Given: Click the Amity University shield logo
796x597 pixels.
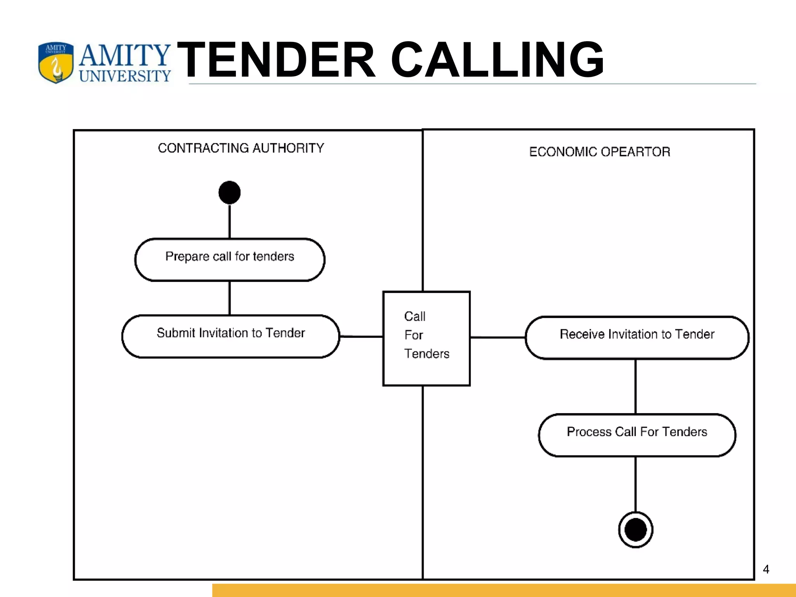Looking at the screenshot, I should (x=56, y=63).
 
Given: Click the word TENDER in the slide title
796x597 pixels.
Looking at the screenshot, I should (x=276, y=60).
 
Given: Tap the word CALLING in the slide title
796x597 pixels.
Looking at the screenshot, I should (x=497, y=60).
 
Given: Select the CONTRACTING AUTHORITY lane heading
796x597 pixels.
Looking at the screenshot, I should (x=241, y=148).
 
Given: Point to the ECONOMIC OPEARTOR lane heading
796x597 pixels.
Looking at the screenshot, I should (x=600, y=152).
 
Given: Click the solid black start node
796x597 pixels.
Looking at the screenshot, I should (x=229, y=192).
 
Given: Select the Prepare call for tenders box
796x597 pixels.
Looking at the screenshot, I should (x=230, y=259).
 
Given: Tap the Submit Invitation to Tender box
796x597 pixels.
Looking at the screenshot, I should (x=231, y=336).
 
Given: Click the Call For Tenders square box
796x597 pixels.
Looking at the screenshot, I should (x=426, y=338).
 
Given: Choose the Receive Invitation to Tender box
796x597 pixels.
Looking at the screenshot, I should (x=637, y=337).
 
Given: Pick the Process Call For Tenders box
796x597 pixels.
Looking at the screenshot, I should (x=637, y=435).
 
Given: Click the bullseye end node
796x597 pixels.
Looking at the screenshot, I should (x=635, y=530).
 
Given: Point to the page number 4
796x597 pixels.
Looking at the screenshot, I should (x=766, y=569).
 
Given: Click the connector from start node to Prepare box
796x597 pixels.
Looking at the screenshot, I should (x=229, y=222).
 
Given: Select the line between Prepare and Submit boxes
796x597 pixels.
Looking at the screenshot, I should (x=229, y=298).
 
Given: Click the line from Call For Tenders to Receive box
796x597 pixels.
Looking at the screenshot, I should (x=497, y=337).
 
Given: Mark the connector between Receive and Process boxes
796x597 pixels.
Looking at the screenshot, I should (x=635, y=387).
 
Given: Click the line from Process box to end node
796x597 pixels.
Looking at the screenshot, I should (x=635, y=484).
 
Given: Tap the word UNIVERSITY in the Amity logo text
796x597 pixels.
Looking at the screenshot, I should (x=125, y=76).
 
